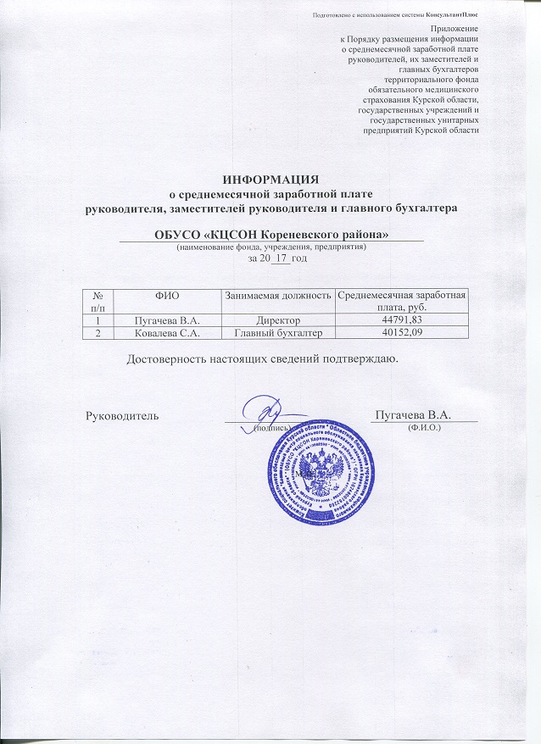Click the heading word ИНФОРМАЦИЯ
[270, 179]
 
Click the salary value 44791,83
[402, 321]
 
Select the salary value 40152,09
[402, 334]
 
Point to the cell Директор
[277, 321]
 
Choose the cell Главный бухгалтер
[277, 334]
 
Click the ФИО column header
[168, 294]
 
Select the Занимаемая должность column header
[277, 294]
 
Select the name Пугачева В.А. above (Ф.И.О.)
[412, 414]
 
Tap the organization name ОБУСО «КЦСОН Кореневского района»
[270, 233]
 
